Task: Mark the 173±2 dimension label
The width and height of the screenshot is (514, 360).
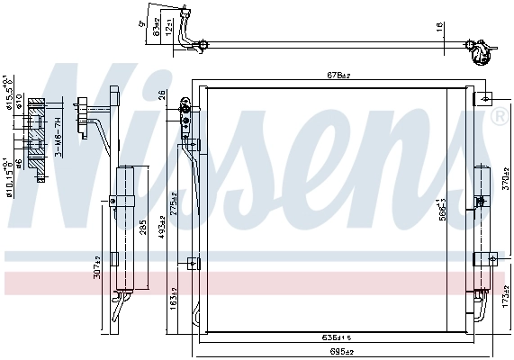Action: click(506, 296)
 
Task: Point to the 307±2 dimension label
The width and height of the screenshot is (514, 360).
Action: click(97, 266)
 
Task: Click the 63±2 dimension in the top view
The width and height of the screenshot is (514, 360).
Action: click(158, 30)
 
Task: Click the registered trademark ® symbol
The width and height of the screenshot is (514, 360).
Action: click(498, 116)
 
